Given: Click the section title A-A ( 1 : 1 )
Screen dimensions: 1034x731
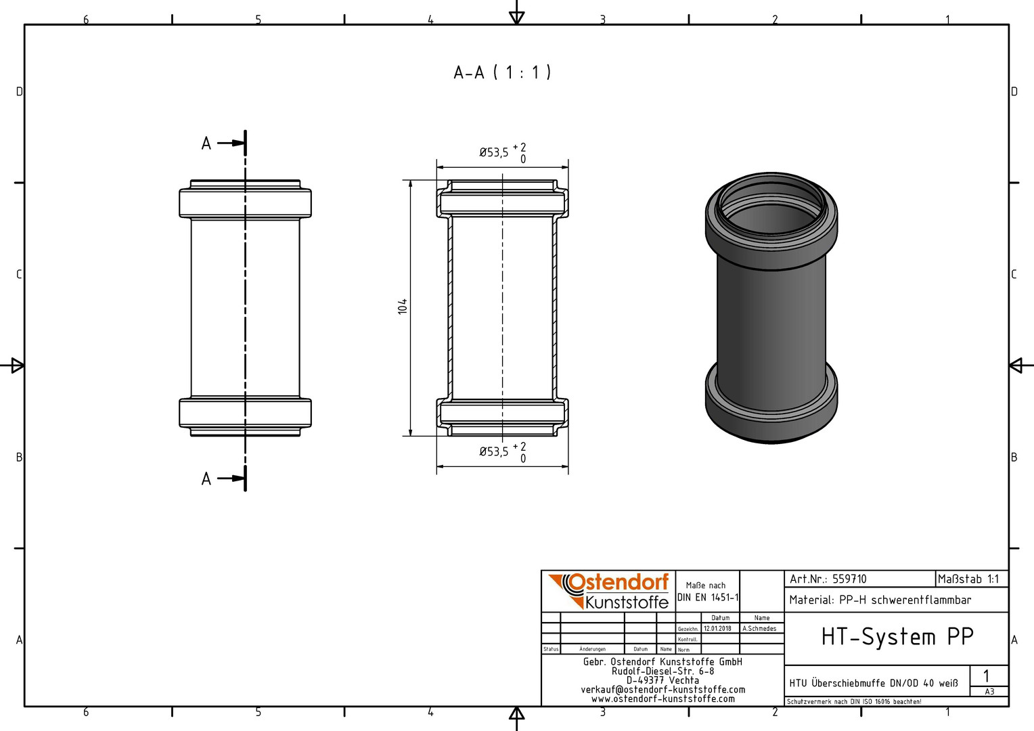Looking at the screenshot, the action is click(x=502, y=72).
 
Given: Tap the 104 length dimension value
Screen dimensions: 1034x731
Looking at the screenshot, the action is click(x=403, y=307).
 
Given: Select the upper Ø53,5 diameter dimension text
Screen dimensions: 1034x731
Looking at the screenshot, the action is click(x=494, y=152).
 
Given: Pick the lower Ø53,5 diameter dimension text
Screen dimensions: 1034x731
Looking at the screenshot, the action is click(x=494, y=451).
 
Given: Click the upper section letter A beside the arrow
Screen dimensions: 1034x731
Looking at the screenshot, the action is click(x=206, y=143).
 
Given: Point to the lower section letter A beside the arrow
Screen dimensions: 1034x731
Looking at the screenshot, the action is click(x=206, y=479).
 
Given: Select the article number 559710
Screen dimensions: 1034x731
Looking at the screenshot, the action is click(x=849, y=579).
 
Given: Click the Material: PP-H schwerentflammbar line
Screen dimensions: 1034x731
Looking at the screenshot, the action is click(x=880, y=600).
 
